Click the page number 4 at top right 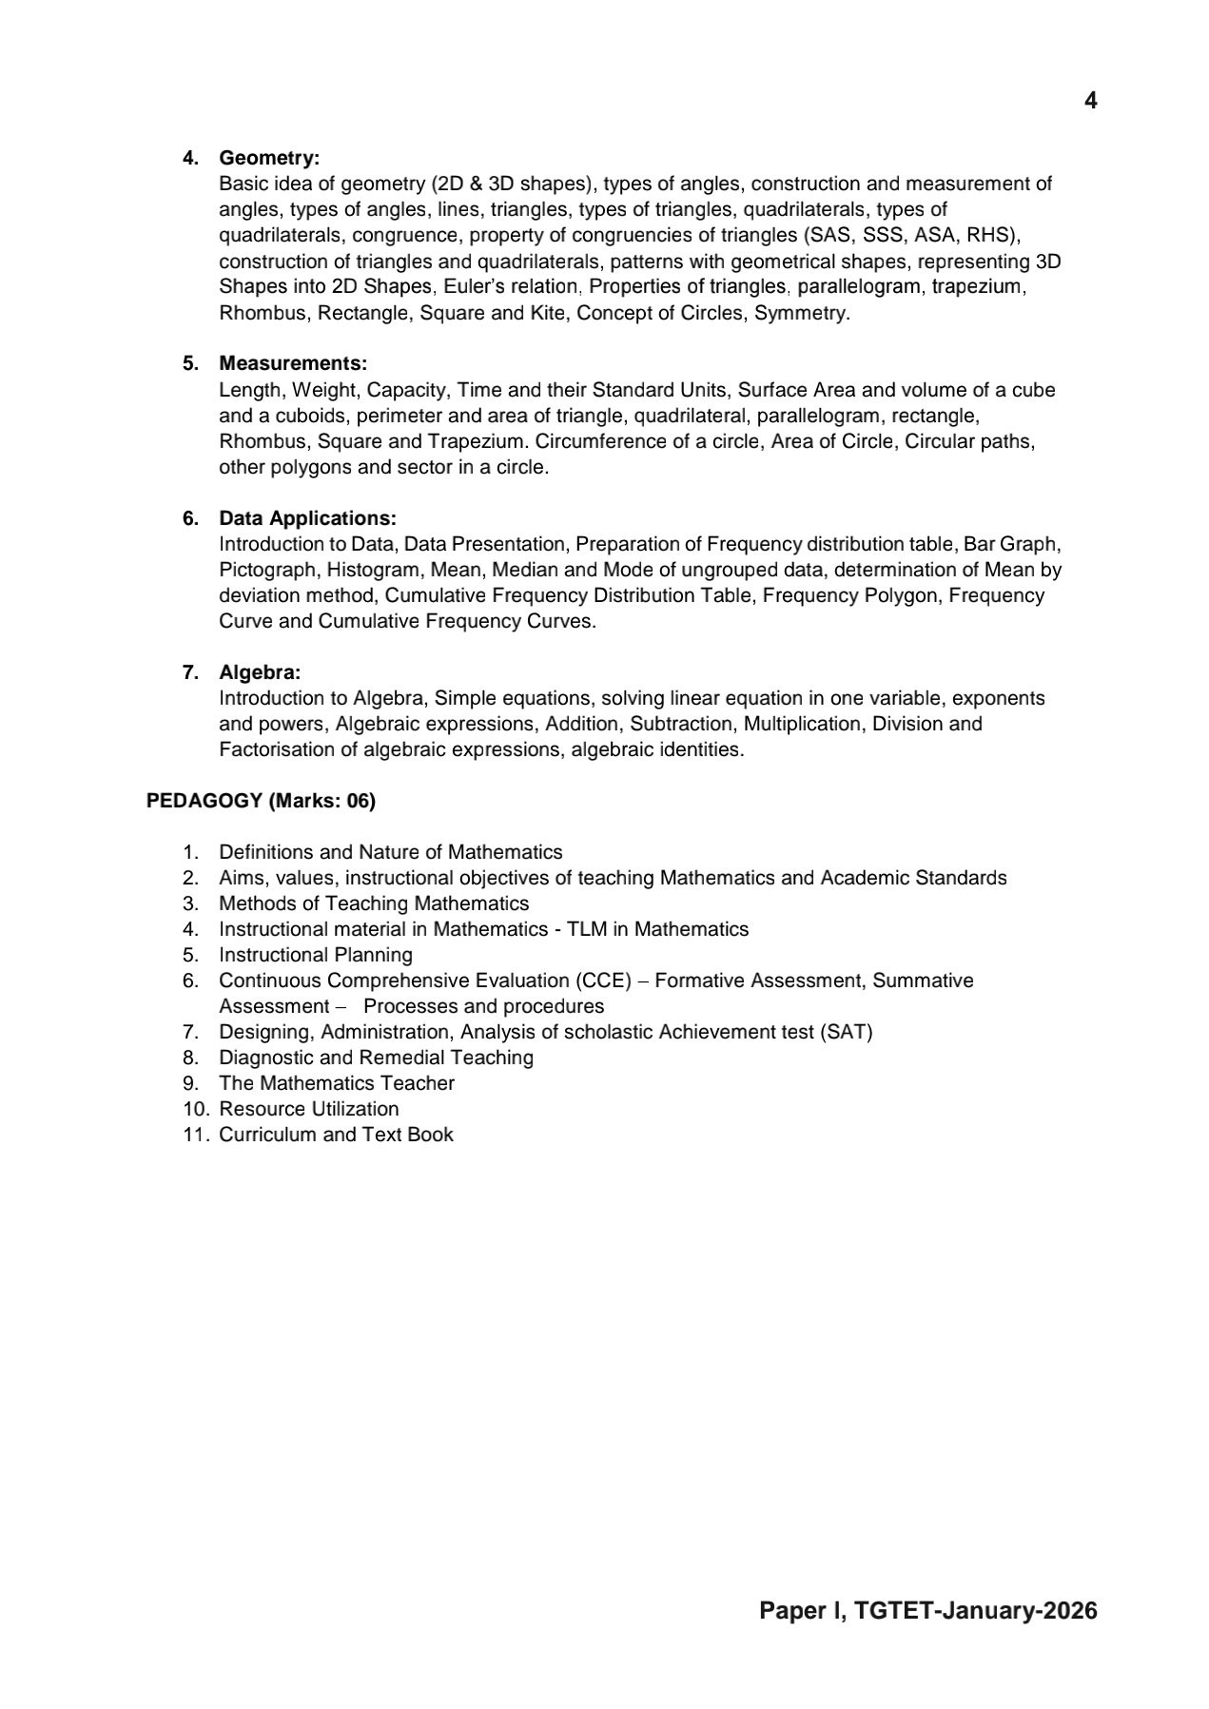tap(1090, 101)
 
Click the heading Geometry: tap(269, 158)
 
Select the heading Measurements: tap(293, 363)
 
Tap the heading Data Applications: tap(307, 518)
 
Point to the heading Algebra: tap(260, 672)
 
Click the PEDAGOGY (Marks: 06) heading tap(261, 801)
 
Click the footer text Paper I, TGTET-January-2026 tap(927, 1610)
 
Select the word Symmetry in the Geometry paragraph tap(800, 313)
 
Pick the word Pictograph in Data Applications tap(267, 570)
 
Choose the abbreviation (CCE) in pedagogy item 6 tap(602, 981)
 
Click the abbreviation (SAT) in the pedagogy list tap(846, 1032)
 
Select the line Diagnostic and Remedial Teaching tap(376, 1058)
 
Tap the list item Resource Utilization tap(309, 1109)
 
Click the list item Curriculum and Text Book tap(336, 1135)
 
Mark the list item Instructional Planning tap(316, 955)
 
